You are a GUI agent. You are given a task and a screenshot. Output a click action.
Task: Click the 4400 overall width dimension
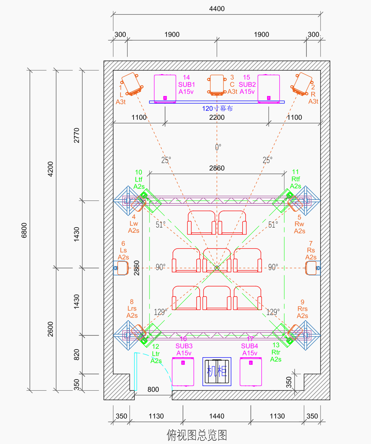coord(217,9)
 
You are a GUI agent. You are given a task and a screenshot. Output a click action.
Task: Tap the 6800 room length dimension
coord(24,230)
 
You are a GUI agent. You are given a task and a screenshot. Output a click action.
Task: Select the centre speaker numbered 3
coord(217,85)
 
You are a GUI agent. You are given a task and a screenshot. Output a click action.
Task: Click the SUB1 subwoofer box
coord(165,89)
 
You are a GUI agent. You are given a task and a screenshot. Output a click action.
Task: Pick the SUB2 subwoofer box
coord(269,89)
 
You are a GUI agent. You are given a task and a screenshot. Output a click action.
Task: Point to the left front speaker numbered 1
coord(132,84)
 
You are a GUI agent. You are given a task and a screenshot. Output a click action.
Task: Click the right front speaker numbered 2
coord(302,84)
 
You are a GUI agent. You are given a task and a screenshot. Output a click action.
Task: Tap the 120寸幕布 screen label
coord(217,109)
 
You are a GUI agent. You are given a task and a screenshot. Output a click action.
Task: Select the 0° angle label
coord(218,147)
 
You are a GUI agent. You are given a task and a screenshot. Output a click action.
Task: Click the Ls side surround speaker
coord(121,268)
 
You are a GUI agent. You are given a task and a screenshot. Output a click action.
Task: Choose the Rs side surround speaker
coord(313,268)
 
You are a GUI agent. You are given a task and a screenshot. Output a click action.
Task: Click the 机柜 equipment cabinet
coord(217,371)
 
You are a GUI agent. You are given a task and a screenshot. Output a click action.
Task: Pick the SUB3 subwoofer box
coord(183,371)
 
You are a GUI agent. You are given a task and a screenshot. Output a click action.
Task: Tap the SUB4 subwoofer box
coord(251,371)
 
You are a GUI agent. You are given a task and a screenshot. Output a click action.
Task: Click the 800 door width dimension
coord(153,390)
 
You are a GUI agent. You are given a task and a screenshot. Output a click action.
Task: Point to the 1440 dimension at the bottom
coord(217,416)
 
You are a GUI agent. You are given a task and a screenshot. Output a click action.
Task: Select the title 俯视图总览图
coord(197,435)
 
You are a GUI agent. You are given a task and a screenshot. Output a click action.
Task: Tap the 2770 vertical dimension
coord(76,135)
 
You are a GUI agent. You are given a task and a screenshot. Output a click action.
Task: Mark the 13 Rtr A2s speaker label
coord(276,352)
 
